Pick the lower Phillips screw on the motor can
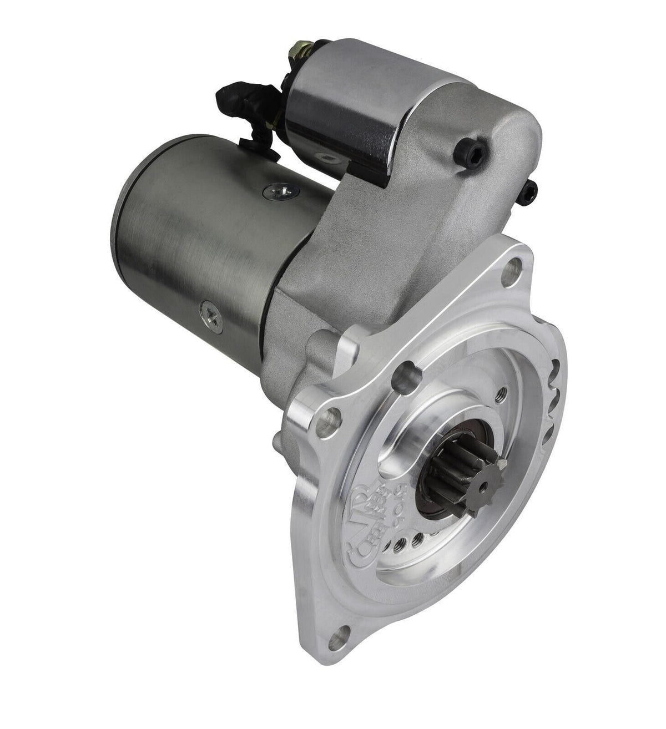coord(211,305)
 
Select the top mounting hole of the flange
coord(509,273)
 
